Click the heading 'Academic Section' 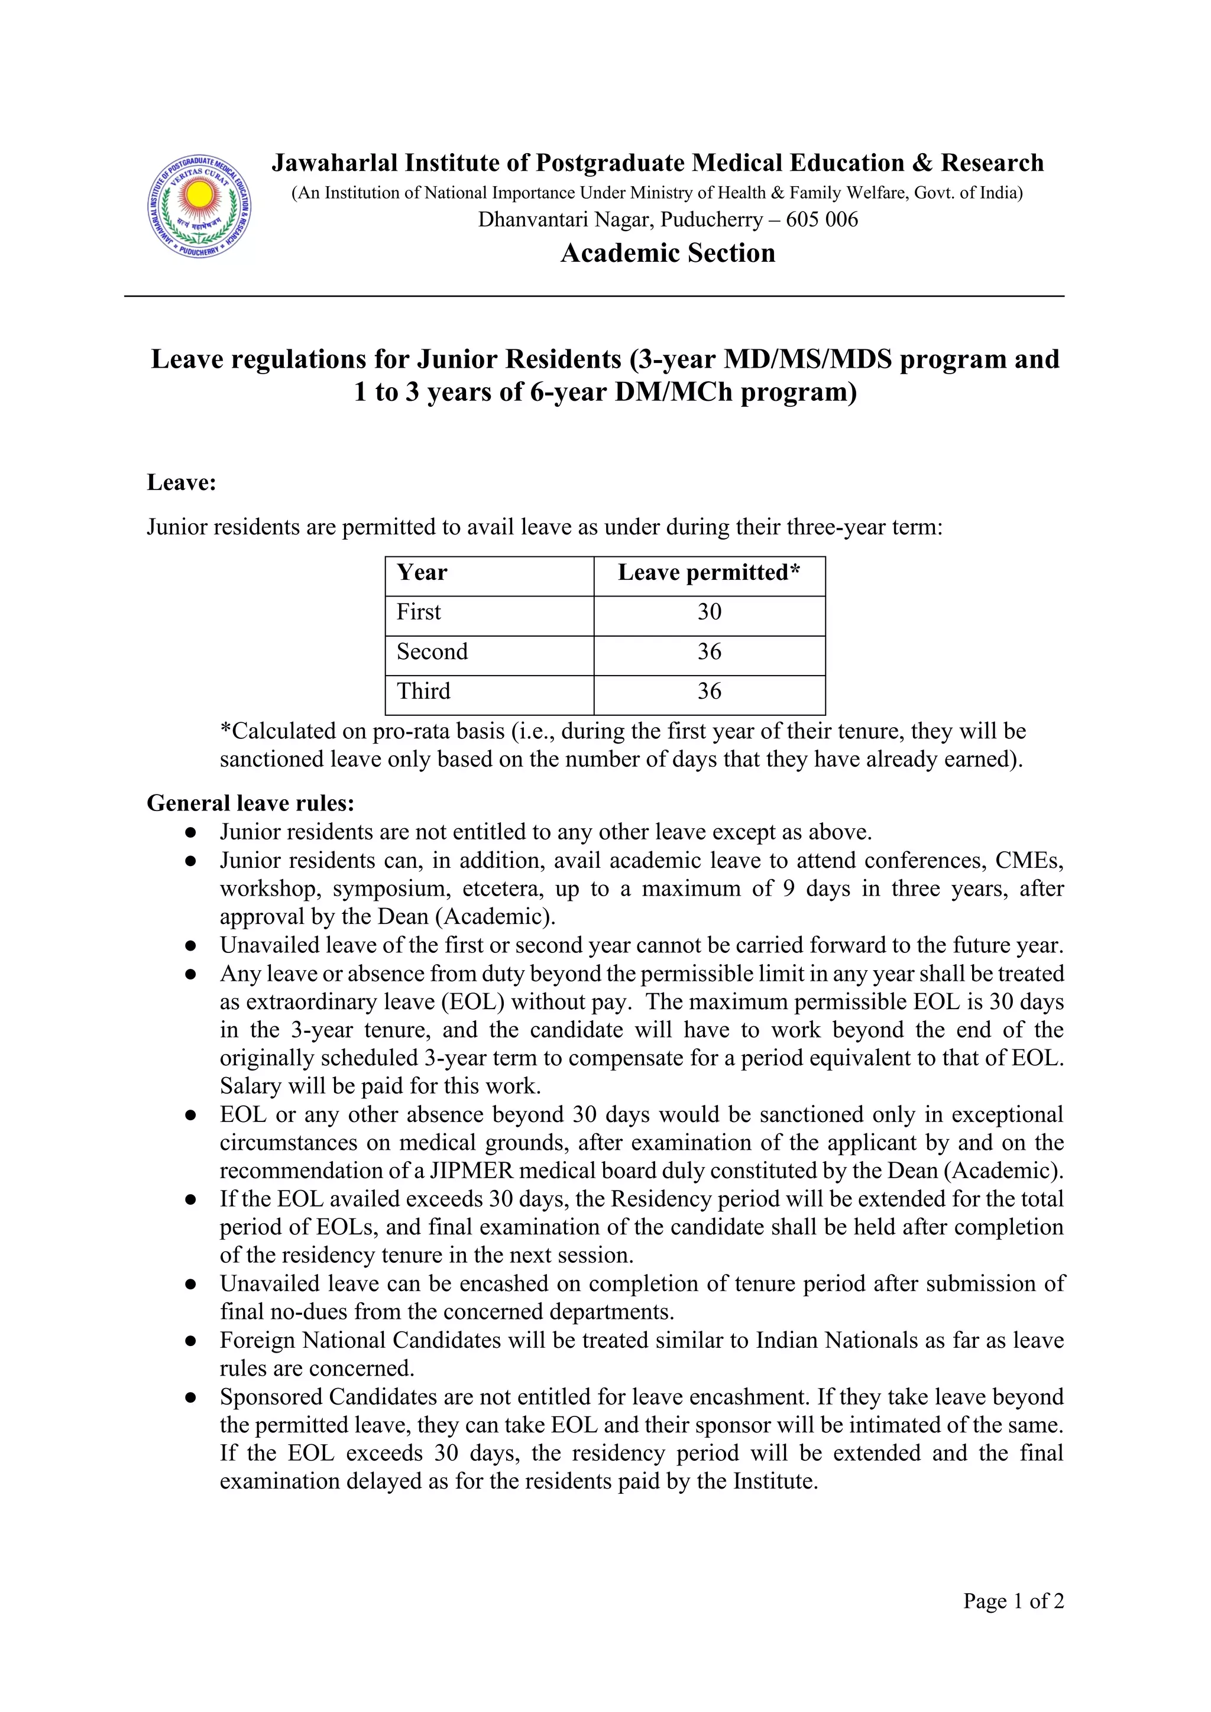668,254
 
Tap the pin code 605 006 822,220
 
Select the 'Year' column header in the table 422,573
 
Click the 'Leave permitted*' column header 708,573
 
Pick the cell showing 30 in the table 709,612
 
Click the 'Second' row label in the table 432,651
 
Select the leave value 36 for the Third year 709,691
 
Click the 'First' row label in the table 419,612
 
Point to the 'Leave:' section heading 181,482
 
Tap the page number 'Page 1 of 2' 1014,1601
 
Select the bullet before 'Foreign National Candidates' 191,1341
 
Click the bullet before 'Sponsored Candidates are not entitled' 191,1398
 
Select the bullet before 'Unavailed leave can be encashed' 191,1284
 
